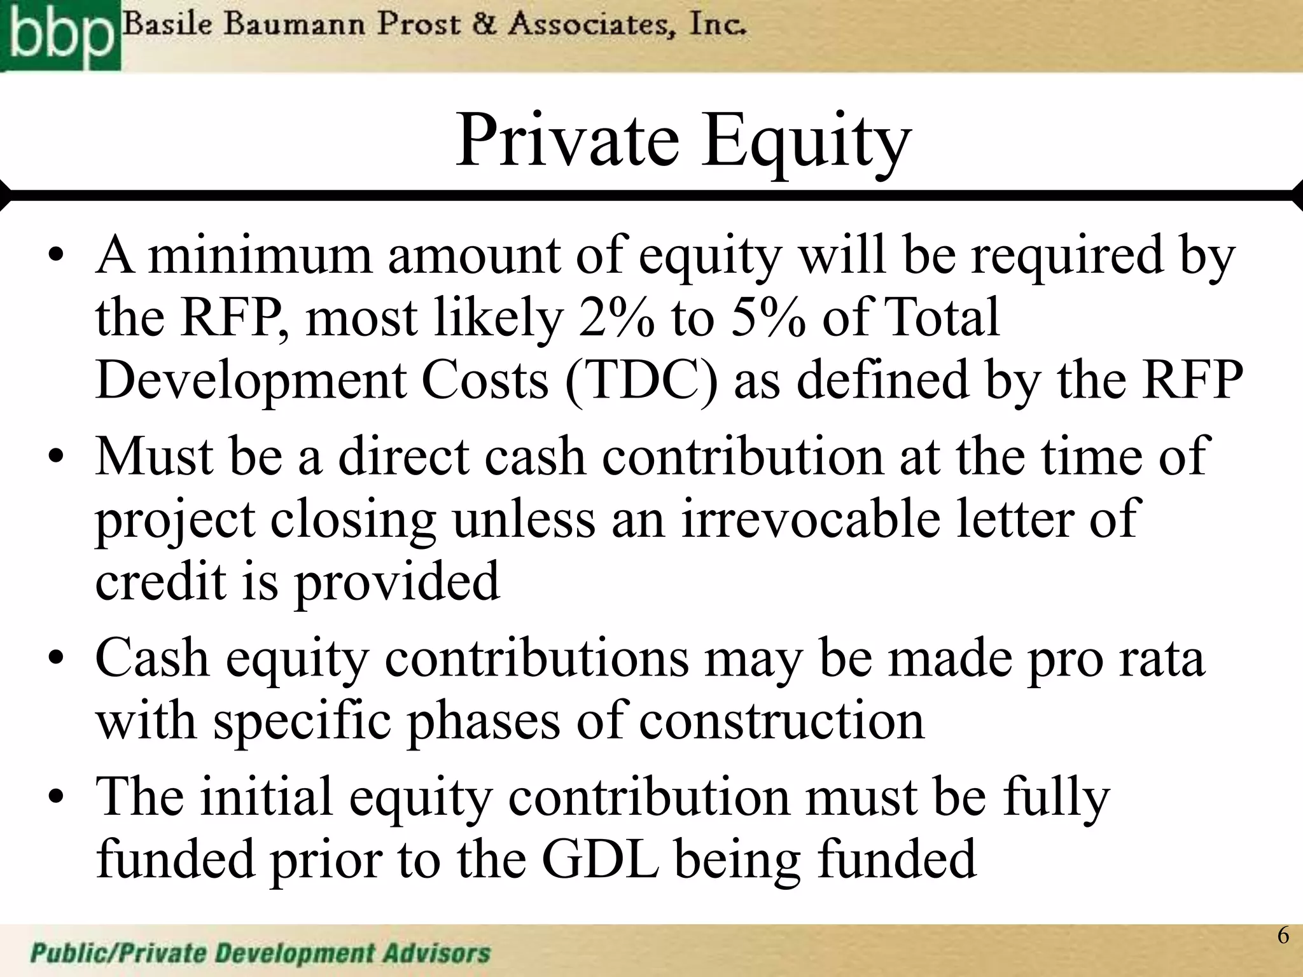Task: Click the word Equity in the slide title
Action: click(x=806, y=141)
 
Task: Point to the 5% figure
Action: click(x=769, y=318)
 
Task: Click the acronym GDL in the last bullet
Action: click(x=600, y=859)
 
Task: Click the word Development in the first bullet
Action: click(x=251, y=380)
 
